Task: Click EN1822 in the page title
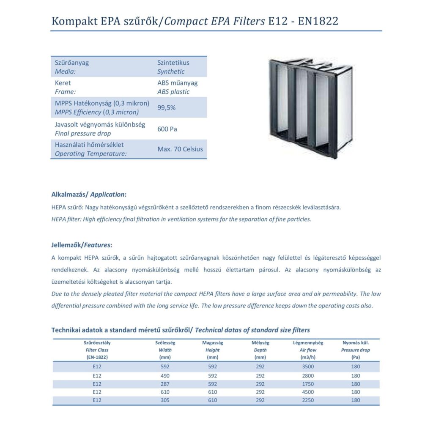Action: click(x=318, y=21)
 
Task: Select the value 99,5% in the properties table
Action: click(x=166, y=107)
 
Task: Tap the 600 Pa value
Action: click(x=167, y=129)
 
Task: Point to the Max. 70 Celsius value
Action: click(x=180, y=149)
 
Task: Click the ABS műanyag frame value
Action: click(x=177, y=83)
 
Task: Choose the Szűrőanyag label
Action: click(x=72, y=63)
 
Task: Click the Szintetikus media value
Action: click(x=173, y=63)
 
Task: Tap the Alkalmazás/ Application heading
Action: click(x=89, y=195)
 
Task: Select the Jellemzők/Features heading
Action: click(x=82, y=245)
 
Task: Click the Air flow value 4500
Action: click(x=308, y=392)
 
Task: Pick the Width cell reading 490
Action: click(x=165, y=376)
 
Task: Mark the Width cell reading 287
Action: click(x=165, y=384)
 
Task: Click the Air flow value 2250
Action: click(x=308, y=400)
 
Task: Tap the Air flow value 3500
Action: click(x=308, y=367)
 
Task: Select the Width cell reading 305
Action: click(x=165, y=400)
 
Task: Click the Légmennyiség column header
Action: click(x=308, y=343)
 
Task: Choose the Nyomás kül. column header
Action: click(x=355, y=343)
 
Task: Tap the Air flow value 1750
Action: click(x=308, y=384)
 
